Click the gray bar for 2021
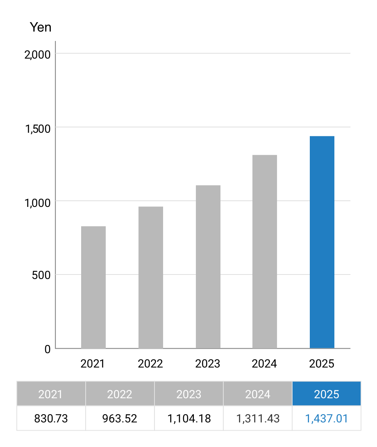click(x=93, y=287)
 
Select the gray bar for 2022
click(x=151, y=277)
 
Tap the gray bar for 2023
click(x=208, y=267)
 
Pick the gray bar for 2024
click(x=265, y=252)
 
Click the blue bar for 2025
click(x=322, y=242)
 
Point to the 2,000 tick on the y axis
click(x=38, y=54)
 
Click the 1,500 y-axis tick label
click(x=38, y=129)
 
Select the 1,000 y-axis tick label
click(x=38, y=202)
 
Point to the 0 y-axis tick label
click(x=48, y=349)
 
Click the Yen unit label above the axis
click(x=41, y=27)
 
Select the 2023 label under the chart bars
click(x=208, y=363)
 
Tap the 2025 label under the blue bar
click(x=322, y=363)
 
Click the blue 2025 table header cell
click(x=327, y=394)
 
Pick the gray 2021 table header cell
click(x=51, y=394)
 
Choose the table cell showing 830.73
click(x=51, y=418)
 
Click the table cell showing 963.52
click(x=120, y=418)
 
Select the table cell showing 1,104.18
click(x=189, y=418)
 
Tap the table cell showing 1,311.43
click(x=258, y=418)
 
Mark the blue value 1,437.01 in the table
click(x=327, y=418)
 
